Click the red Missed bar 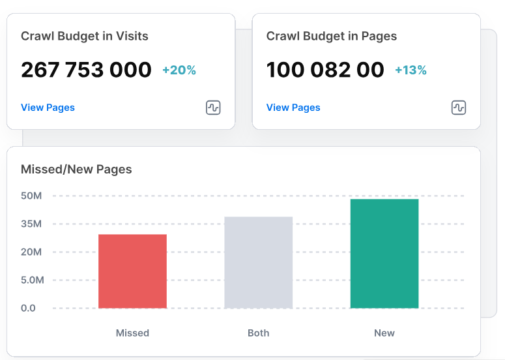pyautogui.click(x=132, y=271)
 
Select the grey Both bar pyautogui.click(x=258, y=262)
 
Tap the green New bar pyautogui.click(x=384, y=254)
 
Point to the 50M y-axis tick pyautogui.click(x=31, y=196)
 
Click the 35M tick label pyautogui.click(x=31, y=224)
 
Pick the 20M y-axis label pyautogui.click(x=31, y=252)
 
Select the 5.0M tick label pyautogui.click(x=32, y=280)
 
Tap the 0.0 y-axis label pyautogui.click(x=28, y=308)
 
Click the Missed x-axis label pyautogui.click(x=132, y=333)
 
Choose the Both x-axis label pyautogui.click(x=258, y=333)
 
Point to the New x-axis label pyautogui.click(x=384, y=333)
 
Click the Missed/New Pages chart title pyautogui.click(x=76, y=170)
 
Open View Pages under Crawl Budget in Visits pyautogui.click(x=48, y=108)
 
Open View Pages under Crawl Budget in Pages pyautogui.click(x=293, y=108)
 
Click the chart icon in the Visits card pyautogui.click(x=213, y=108)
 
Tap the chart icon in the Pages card pyautogui.click(x=459, y=108)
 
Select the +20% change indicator pyautogui.click(x=179, y=70)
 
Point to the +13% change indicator pyautogui.click(x=411, y=70)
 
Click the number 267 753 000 pyautogui.click(x=86, y=70)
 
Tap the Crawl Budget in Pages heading pyautogui.click(x=332, y=37)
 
